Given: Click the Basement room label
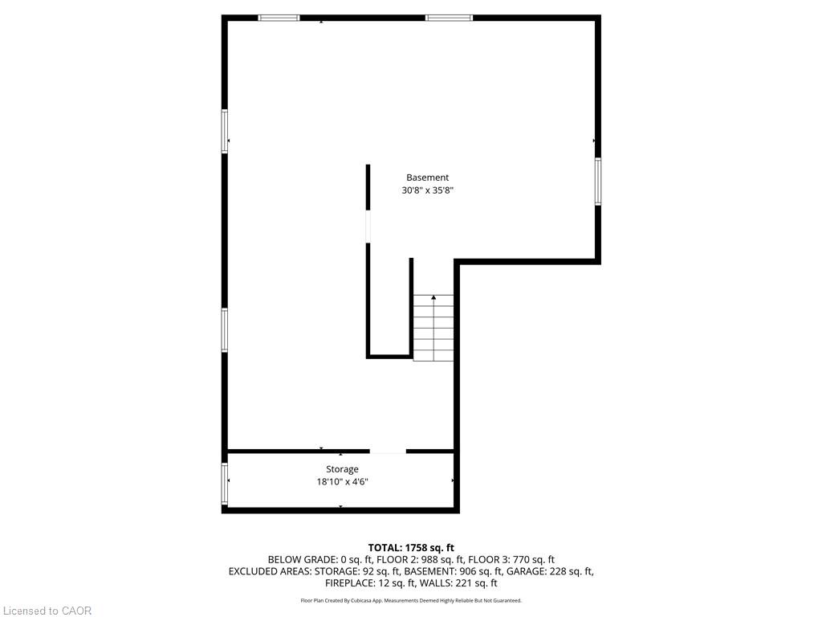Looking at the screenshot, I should point(427,178).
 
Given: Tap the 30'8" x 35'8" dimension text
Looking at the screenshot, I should point(433,191).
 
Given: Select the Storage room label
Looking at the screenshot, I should point(342,469).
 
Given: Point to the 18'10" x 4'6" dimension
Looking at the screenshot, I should point(342,482).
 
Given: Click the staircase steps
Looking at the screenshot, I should point(433,329).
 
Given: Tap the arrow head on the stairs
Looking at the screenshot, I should point(433,298).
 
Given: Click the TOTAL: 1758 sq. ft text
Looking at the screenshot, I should point(411,547).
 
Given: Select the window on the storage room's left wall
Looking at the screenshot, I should point(225,482).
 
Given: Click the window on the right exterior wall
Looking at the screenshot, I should point(598,181).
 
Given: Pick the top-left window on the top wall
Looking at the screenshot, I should point(279,18).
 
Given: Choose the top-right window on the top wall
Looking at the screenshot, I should point(449,18).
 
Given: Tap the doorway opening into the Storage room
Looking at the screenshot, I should point(388,452).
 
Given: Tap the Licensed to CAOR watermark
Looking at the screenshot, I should point(47,611).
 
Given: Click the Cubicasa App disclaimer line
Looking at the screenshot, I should point(411,600).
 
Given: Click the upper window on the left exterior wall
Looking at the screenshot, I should point(225,130).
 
